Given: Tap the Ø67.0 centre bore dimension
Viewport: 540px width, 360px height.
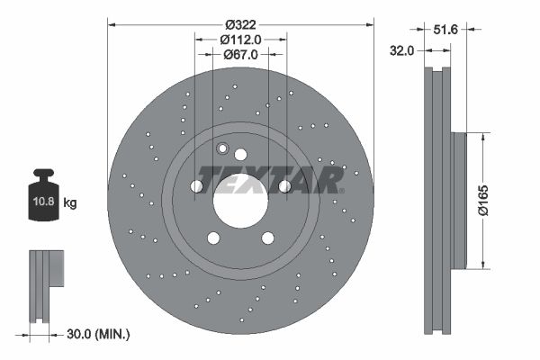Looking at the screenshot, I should (240, 54).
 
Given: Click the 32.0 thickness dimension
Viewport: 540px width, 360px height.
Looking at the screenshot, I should (402, 51).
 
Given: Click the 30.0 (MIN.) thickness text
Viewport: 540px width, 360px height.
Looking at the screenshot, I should (99, 334).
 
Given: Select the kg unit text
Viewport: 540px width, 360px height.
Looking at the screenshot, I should (70, 203).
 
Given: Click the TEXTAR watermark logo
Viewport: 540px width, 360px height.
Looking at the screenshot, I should (271, 180).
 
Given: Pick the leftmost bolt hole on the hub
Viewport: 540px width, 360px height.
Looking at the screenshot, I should (196, 186).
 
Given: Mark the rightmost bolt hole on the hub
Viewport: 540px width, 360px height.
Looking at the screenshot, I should (284, 186).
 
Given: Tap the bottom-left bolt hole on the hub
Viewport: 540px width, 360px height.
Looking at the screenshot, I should (213, 238).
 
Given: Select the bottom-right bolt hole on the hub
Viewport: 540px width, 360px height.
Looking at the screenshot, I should (267, 238).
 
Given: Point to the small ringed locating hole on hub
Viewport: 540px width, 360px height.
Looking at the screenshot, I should (223, 149).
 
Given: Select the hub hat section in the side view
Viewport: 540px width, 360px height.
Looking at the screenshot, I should (459, 201).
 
